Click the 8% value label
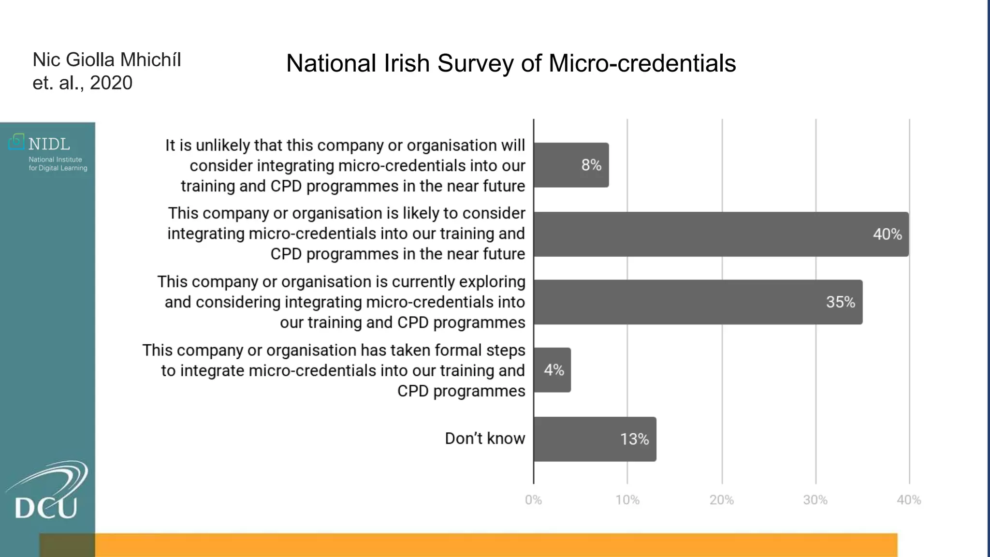click(591, 165)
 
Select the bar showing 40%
click(720, 234)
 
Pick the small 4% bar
click(552, 370)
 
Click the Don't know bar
click(595, 439)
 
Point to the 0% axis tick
click(533, 500)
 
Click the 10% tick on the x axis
click(627, 500)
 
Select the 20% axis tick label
click(722, 500)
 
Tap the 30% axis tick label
click(815, 500)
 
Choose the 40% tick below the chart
click(909, 500)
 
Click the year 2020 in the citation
click(111, 83)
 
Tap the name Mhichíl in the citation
click(150, 60)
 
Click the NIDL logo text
click(49, 144)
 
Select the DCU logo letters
click(46, 508)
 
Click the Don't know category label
click(484, 439)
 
